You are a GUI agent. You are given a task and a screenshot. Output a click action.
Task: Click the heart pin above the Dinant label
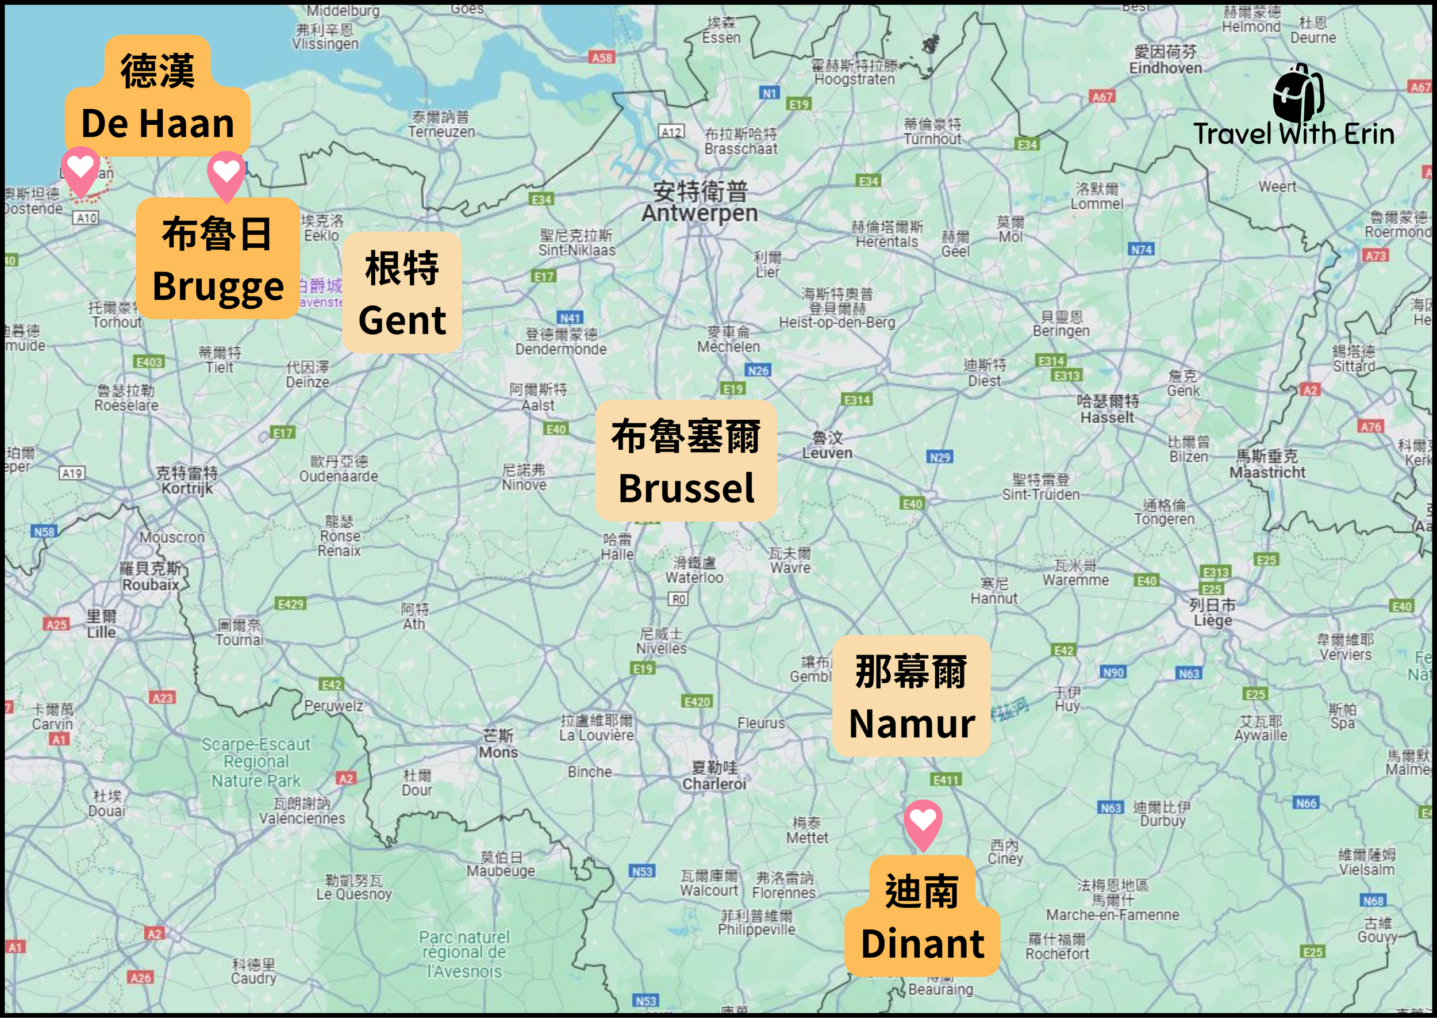pos(923,821)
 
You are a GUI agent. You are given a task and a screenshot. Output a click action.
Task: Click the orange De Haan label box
pos(157,97)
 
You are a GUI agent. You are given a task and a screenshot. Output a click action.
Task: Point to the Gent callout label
pos(402,293)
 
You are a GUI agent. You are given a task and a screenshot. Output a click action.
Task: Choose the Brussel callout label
pos(686,461)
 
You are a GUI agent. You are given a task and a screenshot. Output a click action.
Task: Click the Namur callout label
pos(911,696)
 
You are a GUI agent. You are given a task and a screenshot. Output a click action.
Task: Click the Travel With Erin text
pos(1293,133)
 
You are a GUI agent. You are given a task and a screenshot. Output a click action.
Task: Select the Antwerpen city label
pos(699,202)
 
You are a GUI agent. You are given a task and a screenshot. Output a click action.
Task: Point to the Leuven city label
pos(827,446)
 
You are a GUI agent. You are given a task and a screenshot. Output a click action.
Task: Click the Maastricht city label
pos(1267,465)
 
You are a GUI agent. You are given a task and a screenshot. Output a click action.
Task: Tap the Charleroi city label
pos(714,776)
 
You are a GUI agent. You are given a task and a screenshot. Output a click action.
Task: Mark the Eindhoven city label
pos(1165,60)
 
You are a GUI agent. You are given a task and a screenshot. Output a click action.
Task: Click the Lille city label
pos(102,625)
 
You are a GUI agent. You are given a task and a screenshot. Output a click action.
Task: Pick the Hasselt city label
pos(1107,410)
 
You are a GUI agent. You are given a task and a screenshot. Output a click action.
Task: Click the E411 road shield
pos(946,780)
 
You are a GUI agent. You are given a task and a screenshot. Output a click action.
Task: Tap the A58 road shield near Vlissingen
pos(602,58)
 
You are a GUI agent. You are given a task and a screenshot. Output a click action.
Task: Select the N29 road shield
pos(940,457)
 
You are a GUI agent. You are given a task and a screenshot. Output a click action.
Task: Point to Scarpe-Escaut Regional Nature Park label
pos(256,762)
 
